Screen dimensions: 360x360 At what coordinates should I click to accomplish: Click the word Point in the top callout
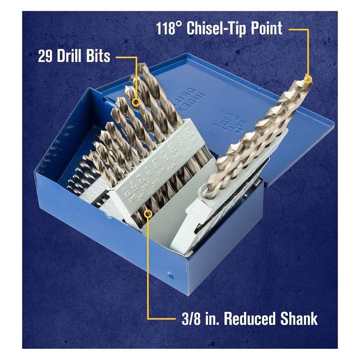pos(266,29)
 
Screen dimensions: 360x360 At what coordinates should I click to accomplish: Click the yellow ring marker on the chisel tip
pos(308,79)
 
